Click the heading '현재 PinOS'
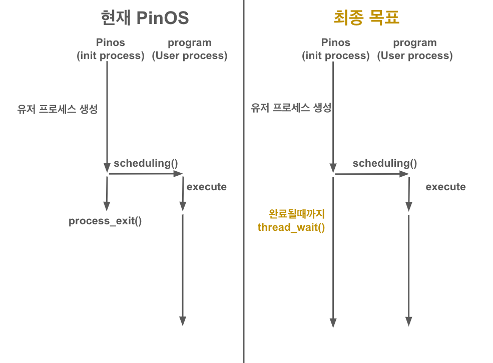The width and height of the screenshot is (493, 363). point(145,18)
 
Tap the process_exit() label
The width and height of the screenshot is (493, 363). point(105,221)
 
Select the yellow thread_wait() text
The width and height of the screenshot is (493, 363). point(291,227)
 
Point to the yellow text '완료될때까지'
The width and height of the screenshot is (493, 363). point(297,214)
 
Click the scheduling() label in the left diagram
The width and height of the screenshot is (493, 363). point(146,163)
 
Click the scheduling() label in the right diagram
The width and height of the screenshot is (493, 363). point(384,163)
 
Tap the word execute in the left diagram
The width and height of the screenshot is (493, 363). point(206,187)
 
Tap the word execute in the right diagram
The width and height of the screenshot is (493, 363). point(445,187)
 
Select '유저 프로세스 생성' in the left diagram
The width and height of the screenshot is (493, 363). point(57,109)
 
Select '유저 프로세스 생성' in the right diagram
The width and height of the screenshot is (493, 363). point(291,107)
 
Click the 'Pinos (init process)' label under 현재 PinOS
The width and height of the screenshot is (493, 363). point(110,49)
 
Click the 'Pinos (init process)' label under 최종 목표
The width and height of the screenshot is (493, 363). point(336,49)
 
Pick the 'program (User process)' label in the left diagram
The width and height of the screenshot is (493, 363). point(190,49)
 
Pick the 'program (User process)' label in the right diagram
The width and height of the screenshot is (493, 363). point(415,49)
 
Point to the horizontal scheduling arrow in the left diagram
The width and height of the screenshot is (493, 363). point(145,174)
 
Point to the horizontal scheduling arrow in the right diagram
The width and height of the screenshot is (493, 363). point(371,174)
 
